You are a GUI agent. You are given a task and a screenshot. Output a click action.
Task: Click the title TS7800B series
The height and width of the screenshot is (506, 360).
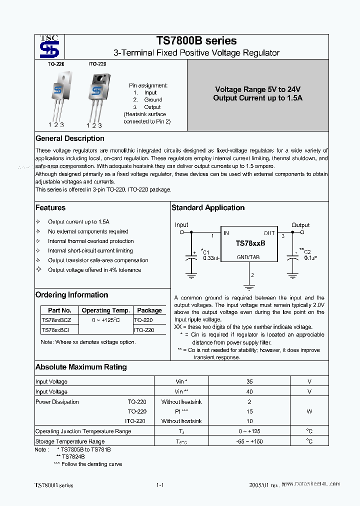coord(196,41)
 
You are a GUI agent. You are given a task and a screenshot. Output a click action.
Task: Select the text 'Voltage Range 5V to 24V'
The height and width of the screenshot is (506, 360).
coord(257,89)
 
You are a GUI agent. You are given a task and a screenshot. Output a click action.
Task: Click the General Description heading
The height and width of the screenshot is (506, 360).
coord(70,138)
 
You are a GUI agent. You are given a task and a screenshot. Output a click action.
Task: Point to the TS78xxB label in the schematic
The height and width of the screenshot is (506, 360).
coord(250,243)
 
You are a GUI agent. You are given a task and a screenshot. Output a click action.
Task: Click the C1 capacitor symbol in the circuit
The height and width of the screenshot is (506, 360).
coord(191,259)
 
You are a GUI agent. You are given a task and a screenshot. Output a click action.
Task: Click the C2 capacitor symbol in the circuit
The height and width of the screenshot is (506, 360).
coord(292,259)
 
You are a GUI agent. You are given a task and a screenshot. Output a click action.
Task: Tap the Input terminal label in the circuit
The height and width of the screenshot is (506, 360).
coord(181,225)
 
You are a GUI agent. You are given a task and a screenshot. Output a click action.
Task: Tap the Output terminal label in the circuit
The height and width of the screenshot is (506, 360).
coord(300,225)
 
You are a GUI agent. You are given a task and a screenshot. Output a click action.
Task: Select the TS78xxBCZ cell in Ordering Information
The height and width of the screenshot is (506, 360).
coord(56,320)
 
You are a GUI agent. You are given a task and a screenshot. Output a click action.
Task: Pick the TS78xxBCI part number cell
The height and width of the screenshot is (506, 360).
coord(55,330)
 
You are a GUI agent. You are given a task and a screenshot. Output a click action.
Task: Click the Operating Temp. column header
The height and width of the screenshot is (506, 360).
coord(106,310)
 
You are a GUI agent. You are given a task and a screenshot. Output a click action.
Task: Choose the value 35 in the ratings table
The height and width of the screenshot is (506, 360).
coord(249,381)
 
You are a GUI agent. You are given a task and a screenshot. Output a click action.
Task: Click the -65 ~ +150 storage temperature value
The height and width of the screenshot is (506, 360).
coord(249,441)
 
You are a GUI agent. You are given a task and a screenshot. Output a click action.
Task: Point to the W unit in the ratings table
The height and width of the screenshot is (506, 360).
coord(309,411)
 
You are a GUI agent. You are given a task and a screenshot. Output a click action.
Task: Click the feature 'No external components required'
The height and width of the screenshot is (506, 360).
coord(88,231)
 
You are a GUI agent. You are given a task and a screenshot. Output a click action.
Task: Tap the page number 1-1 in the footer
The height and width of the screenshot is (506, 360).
coord(160,485)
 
